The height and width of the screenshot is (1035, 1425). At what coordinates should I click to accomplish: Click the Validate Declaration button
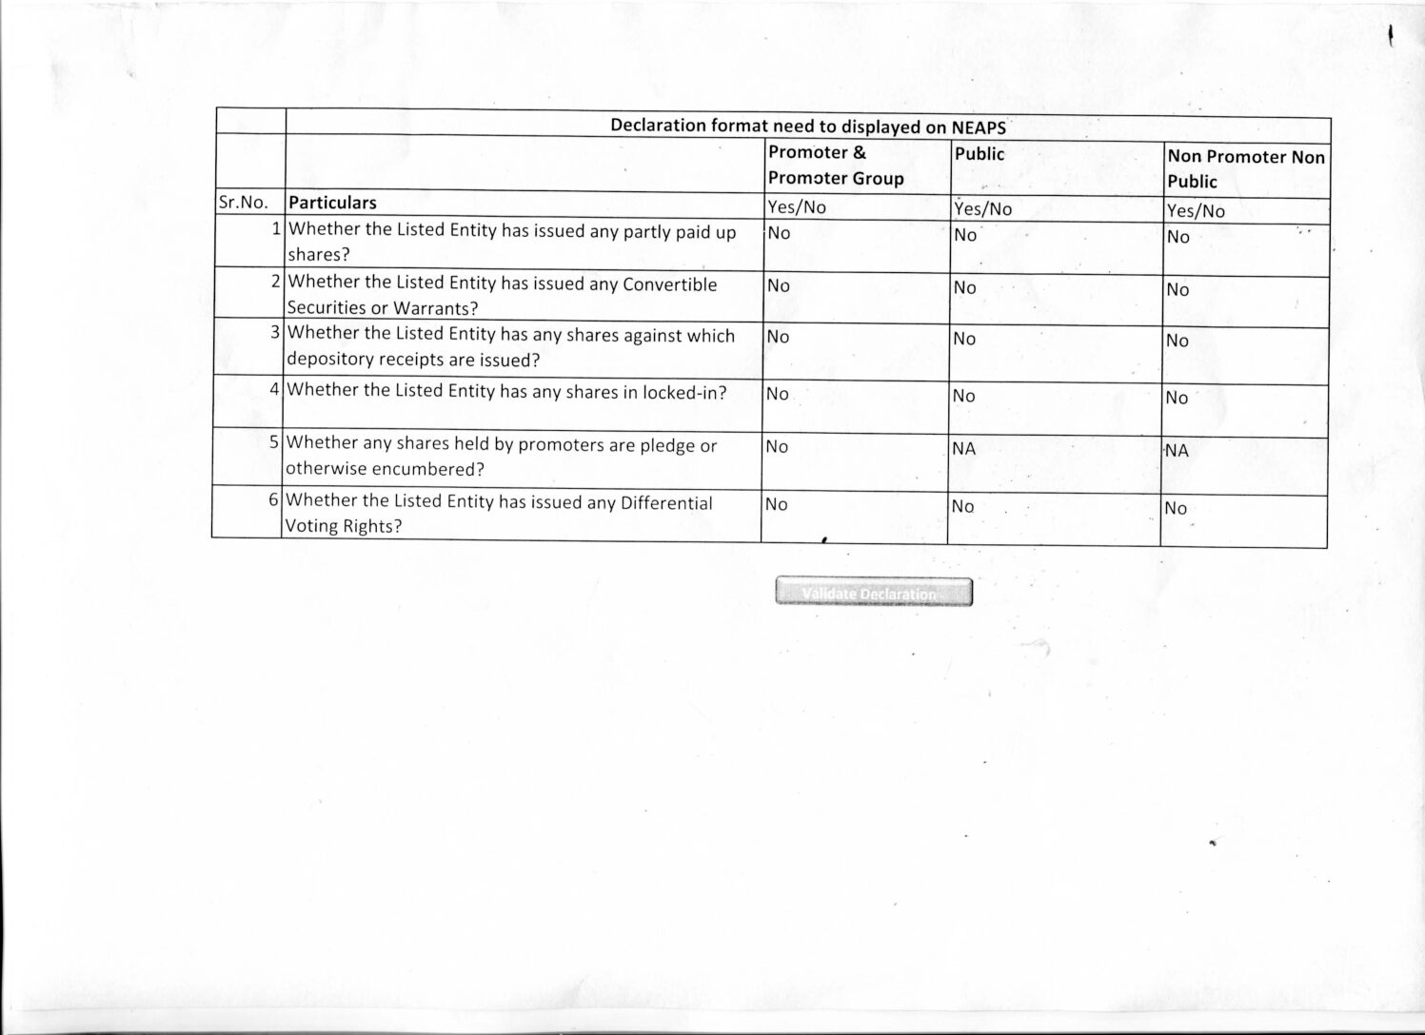point(874,593)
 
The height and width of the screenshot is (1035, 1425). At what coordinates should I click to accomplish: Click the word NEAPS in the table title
point(979,127)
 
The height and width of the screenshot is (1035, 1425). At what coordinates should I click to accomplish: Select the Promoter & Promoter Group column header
point(836,165)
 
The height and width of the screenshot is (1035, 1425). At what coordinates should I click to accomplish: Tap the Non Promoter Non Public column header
point(1245,168)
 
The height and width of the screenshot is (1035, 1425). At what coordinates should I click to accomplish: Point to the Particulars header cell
point(332,203)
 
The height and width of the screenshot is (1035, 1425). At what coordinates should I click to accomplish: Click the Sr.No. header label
point(244,203)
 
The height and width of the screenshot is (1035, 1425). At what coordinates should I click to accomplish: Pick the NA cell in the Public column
point(963,448)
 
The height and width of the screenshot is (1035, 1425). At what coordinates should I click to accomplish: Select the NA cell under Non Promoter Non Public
point(1178,451)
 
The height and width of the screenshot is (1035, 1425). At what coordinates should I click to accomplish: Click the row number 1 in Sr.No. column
point(276,228)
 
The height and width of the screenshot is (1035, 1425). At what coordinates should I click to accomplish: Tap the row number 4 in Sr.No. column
point(274,388)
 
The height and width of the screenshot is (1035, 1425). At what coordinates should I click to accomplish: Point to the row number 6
point(273,499)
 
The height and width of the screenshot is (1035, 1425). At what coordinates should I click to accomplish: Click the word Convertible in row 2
point(669,284)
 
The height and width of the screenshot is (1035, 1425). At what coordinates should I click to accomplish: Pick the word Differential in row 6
point(666,502)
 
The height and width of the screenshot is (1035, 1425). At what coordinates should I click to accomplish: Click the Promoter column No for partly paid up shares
point(779,233)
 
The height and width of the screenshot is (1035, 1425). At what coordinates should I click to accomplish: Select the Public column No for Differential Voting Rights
point(963,507)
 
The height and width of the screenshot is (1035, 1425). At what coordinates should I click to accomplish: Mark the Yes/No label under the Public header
point(983,208)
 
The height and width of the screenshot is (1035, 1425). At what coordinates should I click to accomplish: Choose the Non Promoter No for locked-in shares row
point(1178,398)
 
